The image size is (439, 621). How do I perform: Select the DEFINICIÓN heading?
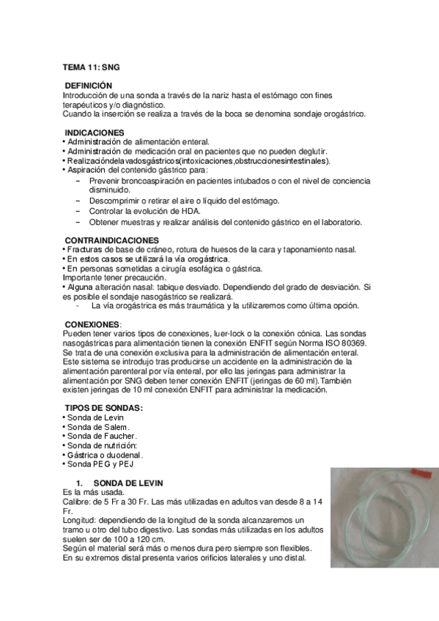click(89, 86)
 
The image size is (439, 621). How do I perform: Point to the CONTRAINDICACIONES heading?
click(112, 240)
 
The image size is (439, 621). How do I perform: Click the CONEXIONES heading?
click(92, 323)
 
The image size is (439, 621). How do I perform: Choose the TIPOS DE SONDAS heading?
click(104, 407)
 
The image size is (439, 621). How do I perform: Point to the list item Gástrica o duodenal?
click(104, 454)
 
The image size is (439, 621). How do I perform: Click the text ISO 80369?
click(344, 343)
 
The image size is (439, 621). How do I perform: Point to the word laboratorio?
click(337, 221)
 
